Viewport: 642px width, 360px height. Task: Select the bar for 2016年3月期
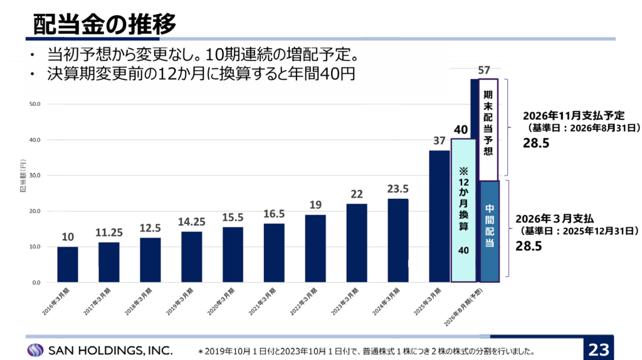pos(68,264)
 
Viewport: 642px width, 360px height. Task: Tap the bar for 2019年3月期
pos(192,257)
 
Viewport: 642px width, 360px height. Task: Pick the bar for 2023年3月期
pos(357,243)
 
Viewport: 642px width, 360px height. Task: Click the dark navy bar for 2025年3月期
pos(439,216)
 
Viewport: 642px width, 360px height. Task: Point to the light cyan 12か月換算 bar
pos(463,210)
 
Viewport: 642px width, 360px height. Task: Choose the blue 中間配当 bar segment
pos(489,231)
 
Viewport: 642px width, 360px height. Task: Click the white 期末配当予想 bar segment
pos(488,129)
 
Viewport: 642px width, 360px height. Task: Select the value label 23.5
pos(398,188)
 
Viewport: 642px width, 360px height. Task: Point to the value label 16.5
pos(274,213)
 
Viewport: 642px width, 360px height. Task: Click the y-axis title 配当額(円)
pos(23,176)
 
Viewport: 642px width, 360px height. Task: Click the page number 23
pos(598,349)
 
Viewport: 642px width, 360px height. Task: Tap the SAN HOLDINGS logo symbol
pos(36,349)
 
